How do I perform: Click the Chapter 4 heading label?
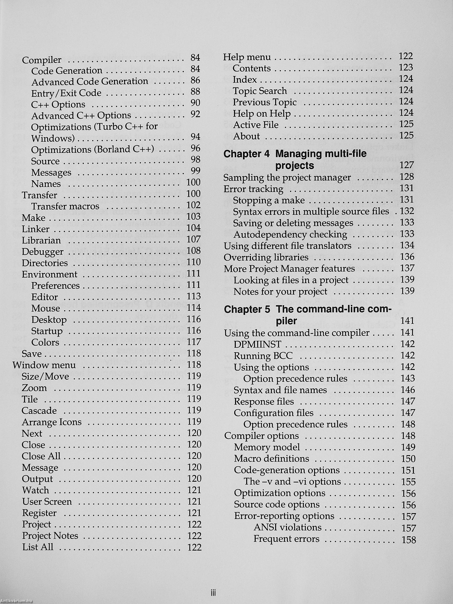(246, 154)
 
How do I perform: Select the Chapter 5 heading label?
(247, 309)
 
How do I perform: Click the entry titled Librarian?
(41, 240)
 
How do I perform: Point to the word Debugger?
(43, 252)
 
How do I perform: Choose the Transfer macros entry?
(65, 206)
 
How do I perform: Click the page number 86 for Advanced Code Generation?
(195, 80)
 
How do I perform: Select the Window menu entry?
(44, 365)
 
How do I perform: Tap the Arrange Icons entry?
(52, 422)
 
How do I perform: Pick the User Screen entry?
(47, 502)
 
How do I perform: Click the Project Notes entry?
(50, 536)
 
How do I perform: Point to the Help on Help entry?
(262, 113)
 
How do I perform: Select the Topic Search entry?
(260, 91)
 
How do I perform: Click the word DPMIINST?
(257, 344)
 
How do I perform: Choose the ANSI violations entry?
(287, 527)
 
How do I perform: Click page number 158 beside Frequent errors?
(409, 540)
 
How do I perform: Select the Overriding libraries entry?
(266, 257)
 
